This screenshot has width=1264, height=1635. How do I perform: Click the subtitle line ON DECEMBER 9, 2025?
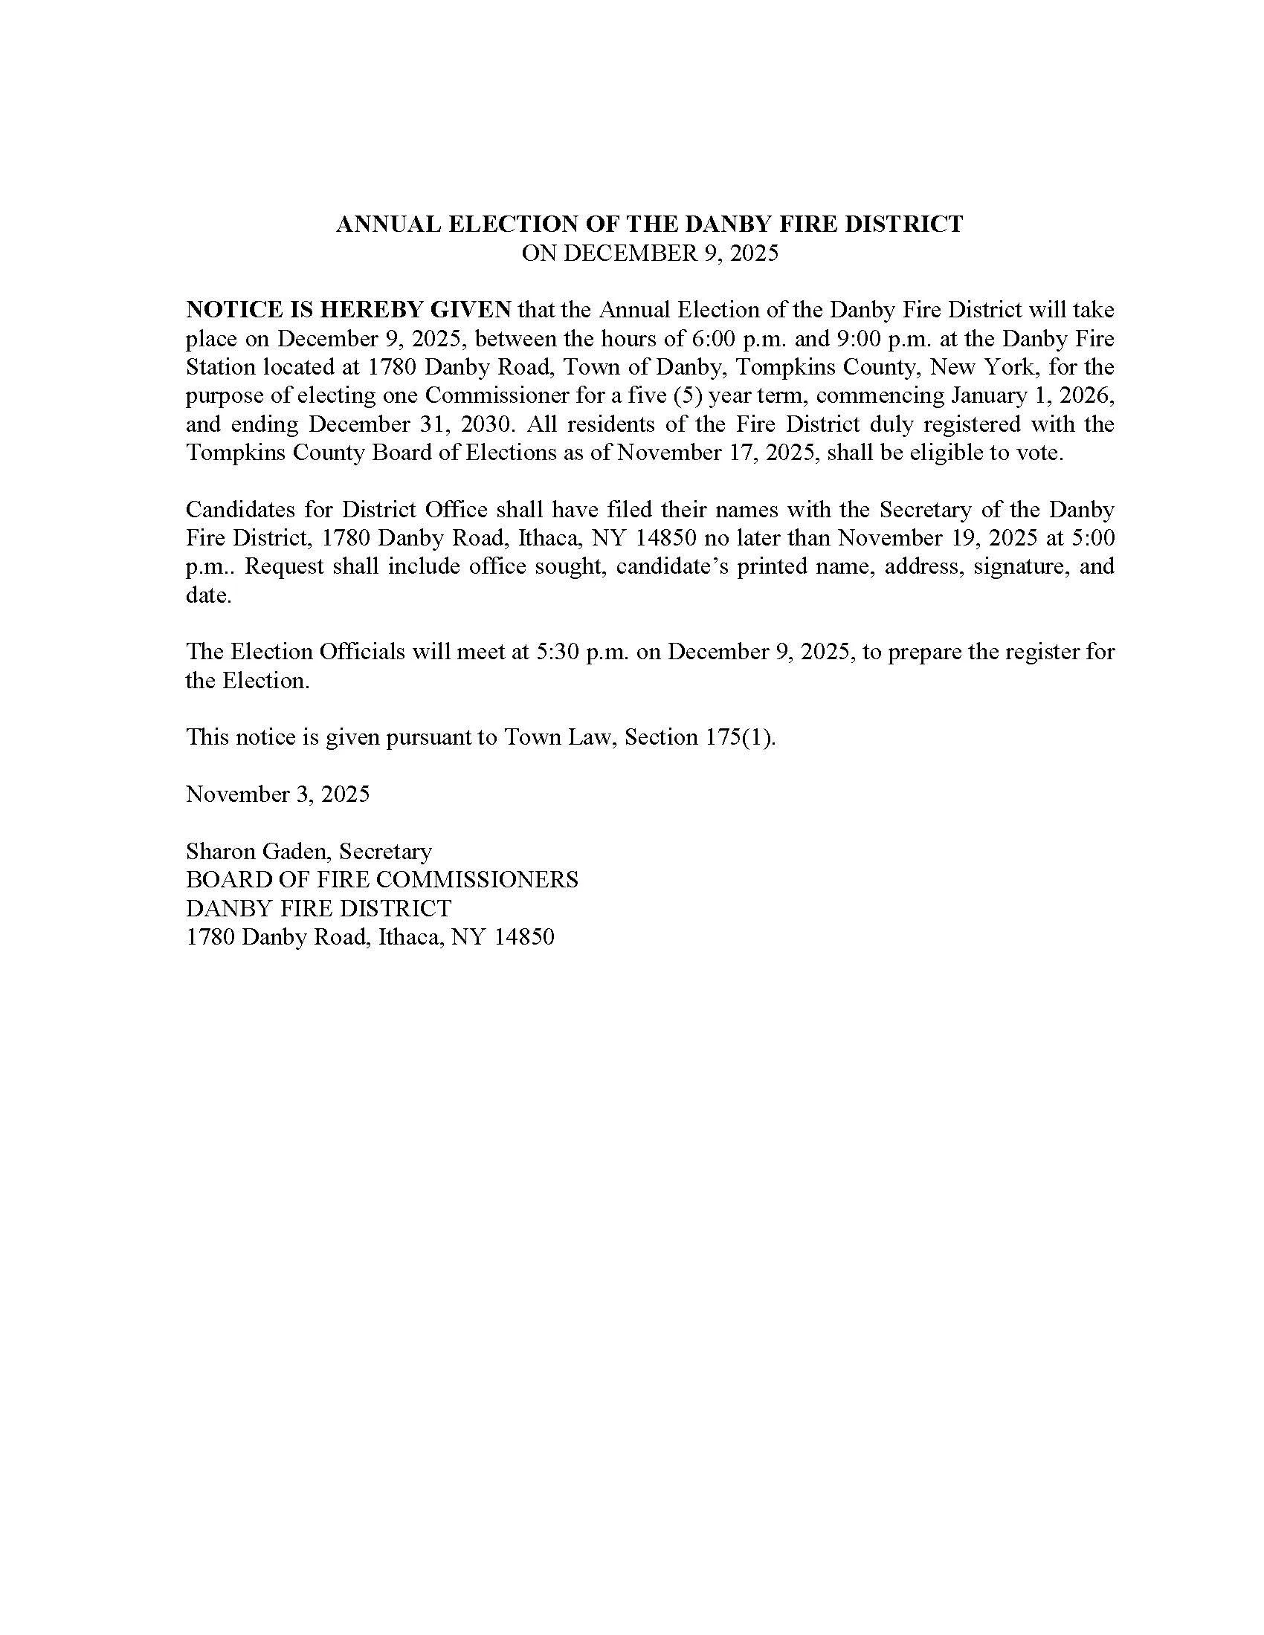click(649, 253)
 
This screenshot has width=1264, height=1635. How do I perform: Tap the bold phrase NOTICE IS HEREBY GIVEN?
click(348, 310)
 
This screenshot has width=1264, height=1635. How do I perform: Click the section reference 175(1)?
click(739, 737)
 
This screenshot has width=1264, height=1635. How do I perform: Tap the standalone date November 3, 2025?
click(278, 794)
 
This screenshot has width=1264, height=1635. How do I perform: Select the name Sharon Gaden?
click(258, 851)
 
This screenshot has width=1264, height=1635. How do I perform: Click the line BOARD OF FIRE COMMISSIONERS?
click(382, 880)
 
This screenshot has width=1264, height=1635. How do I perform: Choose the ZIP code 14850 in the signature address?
click(523, 937)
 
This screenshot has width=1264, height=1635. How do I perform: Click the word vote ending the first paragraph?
click(1044, 453)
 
